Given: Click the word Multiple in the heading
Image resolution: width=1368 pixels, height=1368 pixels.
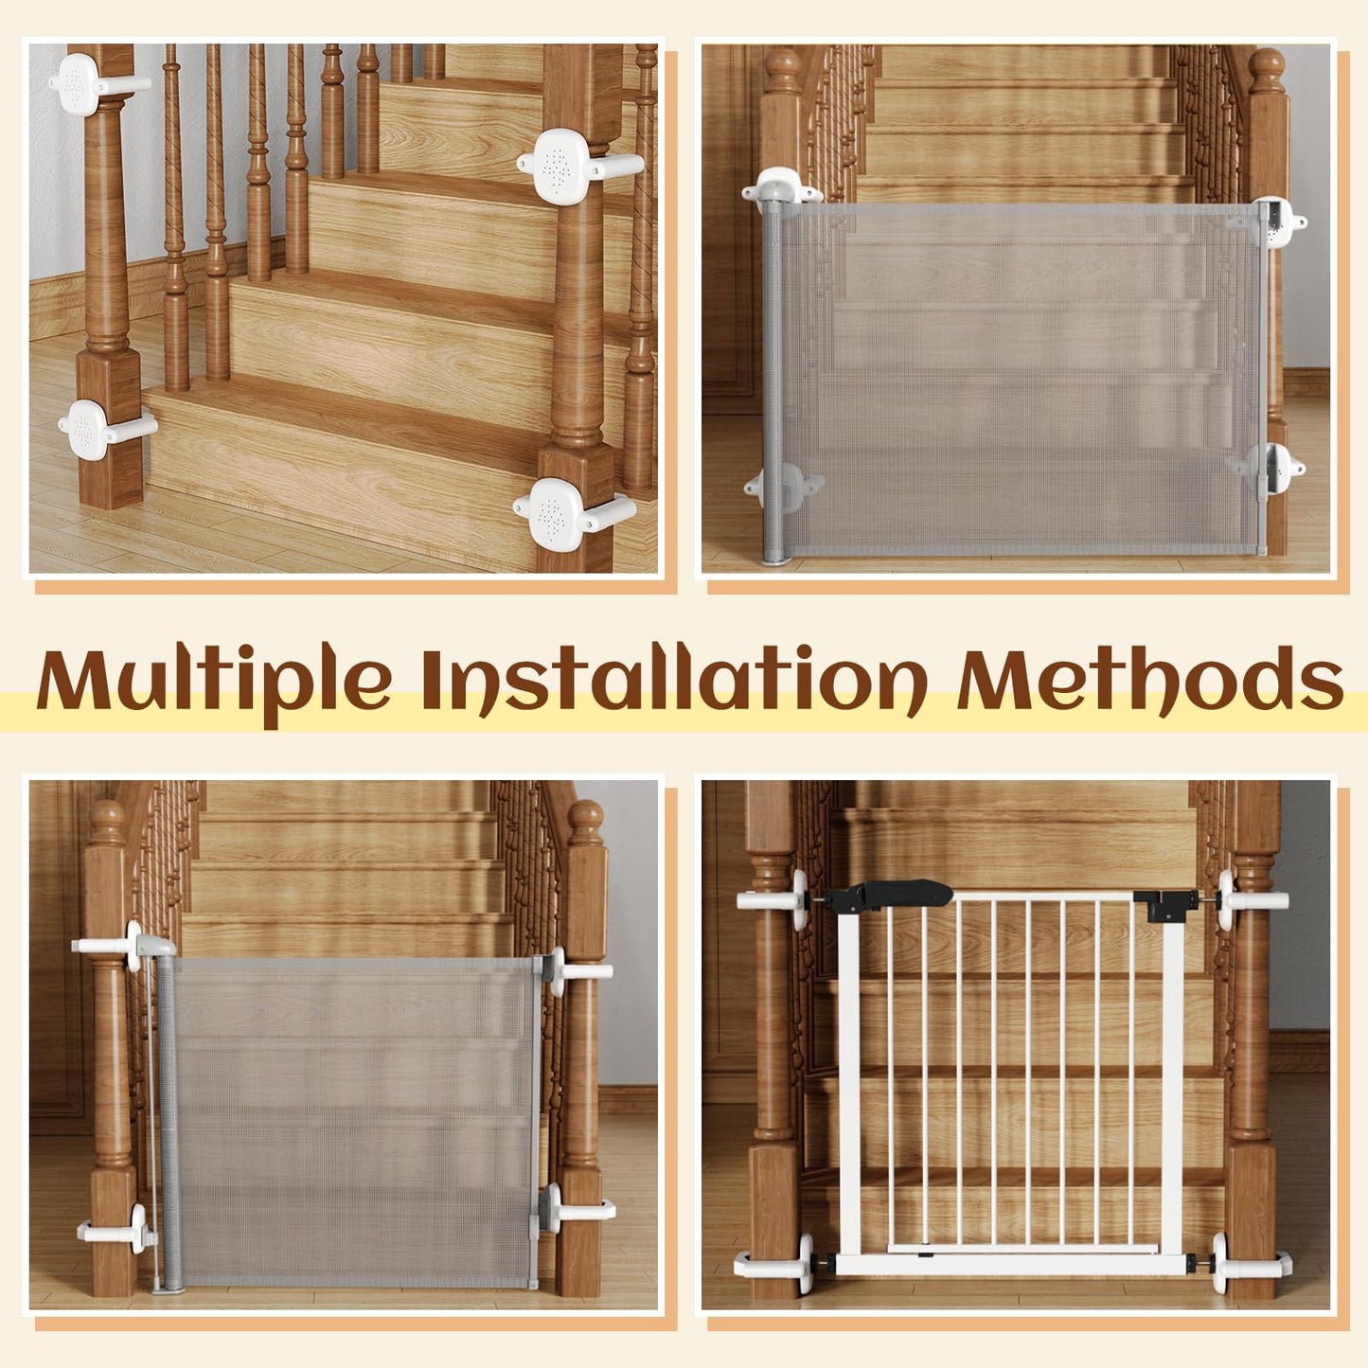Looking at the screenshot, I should (x=214, y=680).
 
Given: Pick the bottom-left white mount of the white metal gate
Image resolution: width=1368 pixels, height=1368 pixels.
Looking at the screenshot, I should (x=778, y=1262).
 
